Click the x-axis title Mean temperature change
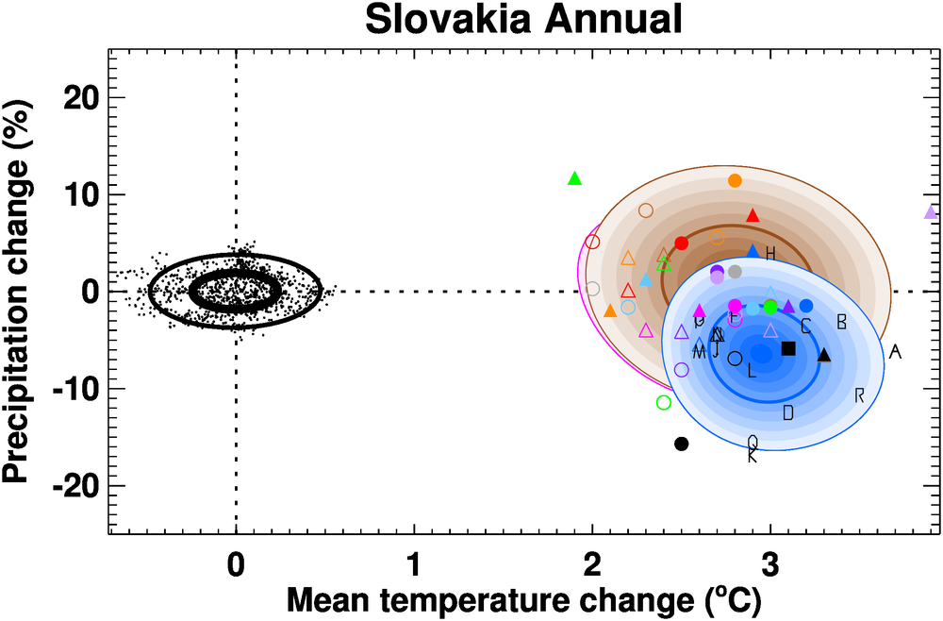pos(523,598)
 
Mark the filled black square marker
pos(788,348)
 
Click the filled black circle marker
pos(682,444)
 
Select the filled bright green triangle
pos(575,178)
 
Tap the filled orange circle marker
pos(736,180)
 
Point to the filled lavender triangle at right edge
pos(931,212)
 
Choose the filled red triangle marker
pos(753,215)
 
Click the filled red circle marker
pos(682,243)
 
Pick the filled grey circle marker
pos(736,272)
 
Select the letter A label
pos(895,352)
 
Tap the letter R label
pos(859,394)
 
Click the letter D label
pos(788,412)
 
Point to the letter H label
pos(770,254)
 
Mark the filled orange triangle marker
pos(610,310)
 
